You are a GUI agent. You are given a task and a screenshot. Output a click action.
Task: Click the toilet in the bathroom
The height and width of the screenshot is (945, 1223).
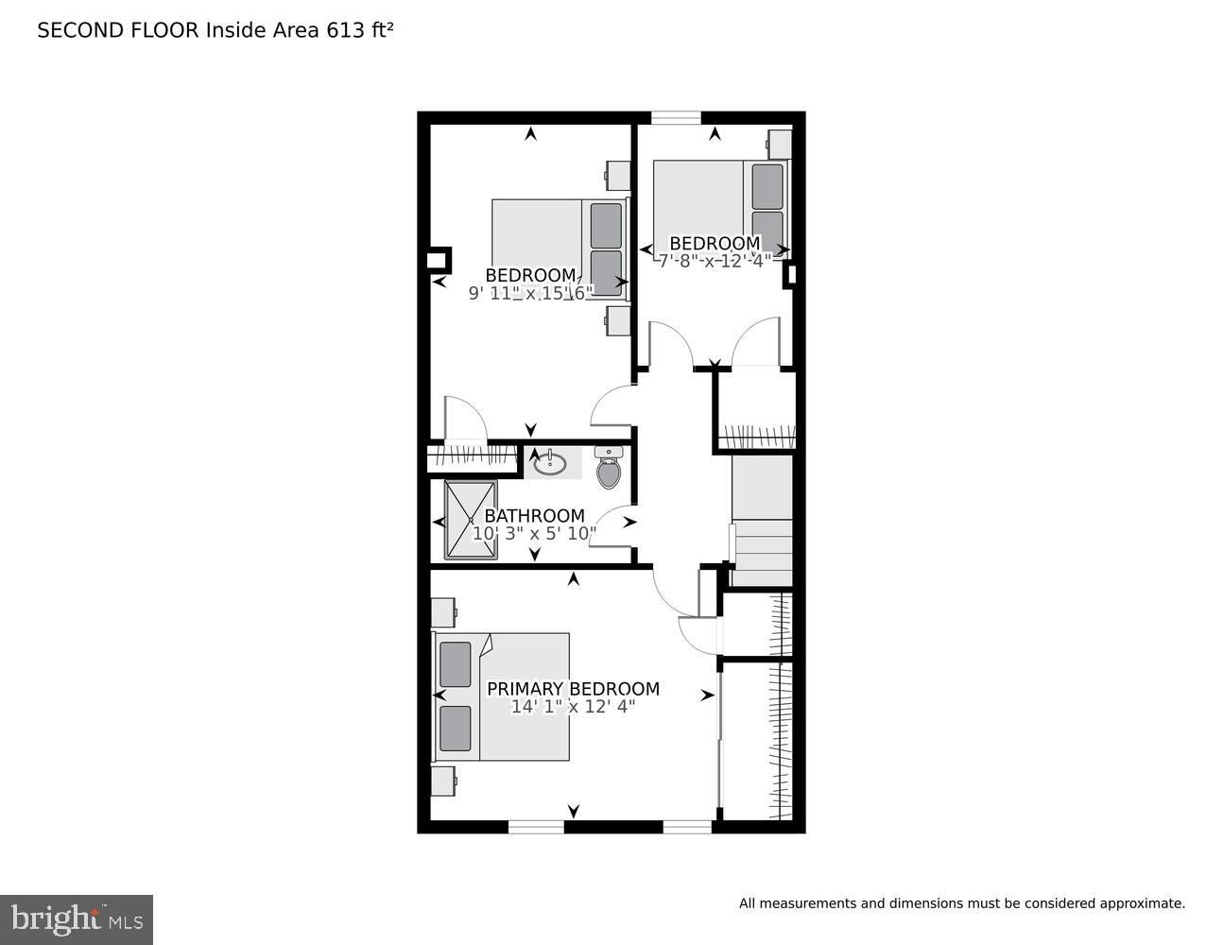tap(609, 467)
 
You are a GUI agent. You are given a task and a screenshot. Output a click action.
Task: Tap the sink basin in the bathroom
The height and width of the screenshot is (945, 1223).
tap(550, 463)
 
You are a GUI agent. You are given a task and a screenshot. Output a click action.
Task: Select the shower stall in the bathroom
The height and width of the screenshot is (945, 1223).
tap(471, 520)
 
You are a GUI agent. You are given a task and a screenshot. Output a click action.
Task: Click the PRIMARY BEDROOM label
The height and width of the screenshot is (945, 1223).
tap(573, 689)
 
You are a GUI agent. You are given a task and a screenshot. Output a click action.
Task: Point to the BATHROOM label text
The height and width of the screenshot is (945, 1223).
tap(534, 515)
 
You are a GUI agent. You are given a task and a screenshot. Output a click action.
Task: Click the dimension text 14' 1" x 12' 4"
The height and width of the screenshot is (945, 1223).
tap(573, 707)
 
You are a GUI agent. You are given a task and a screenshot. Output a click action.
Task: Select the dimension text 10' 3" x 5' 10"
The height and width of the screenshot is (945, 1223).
tap(534, 533)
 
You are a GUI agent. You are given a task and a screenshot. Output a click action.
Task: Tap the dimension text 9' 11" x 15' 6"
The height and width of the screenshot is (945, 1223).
tap(531, 293)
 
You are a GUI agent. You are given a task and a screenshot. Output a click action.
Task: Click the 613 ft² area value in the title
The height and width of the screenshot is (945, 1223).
tap(360, 30)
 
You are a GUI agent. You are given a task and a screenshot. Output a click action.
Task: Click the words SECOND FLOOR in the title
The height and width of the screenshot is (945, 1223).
tap(118, 30)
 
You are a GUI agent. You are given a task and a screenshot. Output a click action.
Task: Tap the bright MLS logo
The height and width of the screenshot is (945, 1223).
tap(77, 919)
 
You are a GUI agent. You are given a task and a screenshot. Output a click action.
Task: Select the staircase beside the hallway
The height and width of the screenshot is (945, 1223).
tap(762, 521)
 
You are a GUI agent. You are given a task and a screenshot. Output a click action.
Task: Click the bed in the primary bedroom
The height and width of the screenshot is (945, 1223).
tap(501, 697)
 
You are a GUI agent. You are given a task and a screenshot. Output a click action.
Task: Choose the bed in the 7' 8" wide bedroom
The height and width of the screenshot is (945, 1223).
tap(722, 209)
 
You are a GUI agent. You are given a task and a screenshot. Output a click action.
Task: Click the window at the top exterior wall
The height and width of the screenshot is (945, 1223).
tap(676, 117)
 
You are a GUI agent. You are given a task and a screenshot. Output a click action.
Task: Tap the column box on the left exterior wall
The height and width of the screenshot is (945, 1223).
tap(439, 260)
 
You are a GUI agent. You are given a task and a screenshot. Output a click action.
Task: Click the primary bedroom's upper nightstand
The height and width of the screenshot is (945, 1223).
tap(443, 612)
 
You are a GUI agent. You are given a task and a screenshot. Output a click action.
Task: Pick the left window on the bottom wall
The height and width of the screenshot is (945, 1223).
tap(536, 826)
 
